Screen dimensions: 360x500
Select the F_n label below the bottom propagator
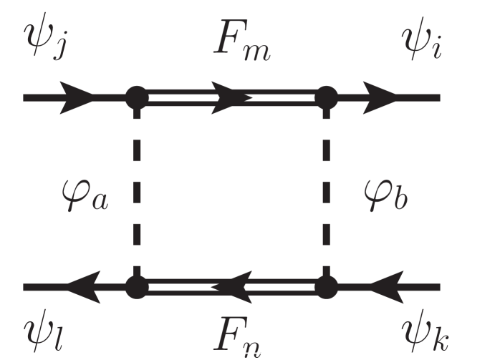[241, 336]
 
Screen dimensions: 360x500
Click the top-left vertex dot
[137, 96]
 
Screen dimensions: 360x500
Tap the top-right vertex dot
[326, 96]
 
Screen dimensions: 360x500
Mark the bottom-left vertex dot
[137, 287]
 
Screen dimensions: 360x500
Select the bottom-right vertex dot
[326, 287]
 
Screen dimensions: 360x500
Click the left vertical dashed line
[137, 192]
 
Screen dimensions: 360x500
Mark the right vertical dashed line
[326, 192]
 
